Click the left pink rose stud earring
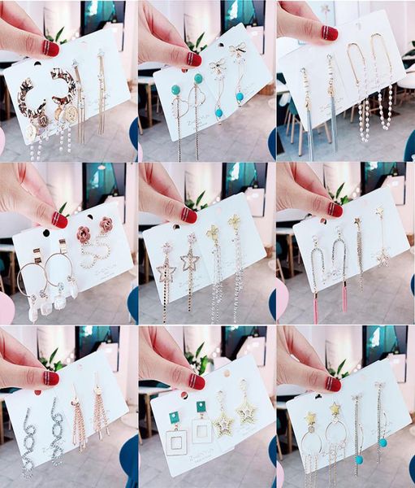pyautogui.click(x=84, y=234)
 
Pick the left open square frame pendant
pyautogui.click(x=176, y=442)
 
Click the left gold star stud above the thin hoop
pyautogui.click(x=310, y=418)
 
